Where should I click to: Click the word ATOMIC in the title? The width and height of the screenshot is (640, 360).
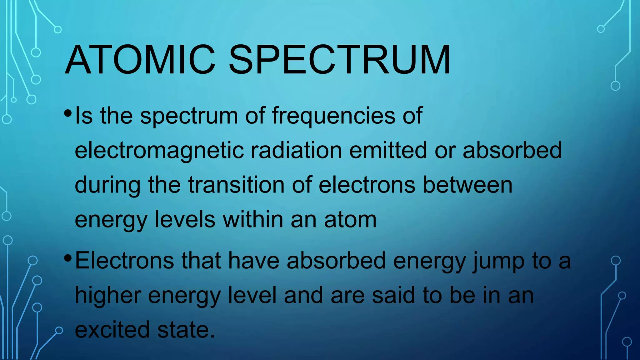coord(140,60)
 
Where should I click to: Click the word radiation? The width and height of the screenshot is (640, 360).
coord(296,150)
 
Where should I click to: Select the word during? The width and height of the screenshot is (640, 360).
coord(107,186)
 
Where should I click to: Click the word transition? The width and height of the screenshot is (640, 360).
coord(236,185)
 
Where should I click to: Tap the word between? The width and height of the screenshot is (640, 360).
coord(467,185)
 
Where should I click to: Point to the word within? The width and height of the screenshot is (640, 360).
coord(253,219)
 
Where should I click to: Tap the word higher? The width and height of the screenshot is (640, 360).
coord(107,296)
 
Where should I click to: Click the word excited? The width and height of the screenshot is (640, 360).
coord(112,330)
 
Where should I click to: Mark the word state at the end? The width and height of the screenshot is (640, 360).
coord(186,330)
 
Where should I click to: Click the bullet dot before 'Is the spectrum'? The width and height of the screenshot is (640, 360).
coord(67,113)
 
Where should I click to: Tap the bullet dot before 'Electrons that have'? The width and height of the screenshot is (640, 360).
coord(67,258)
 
